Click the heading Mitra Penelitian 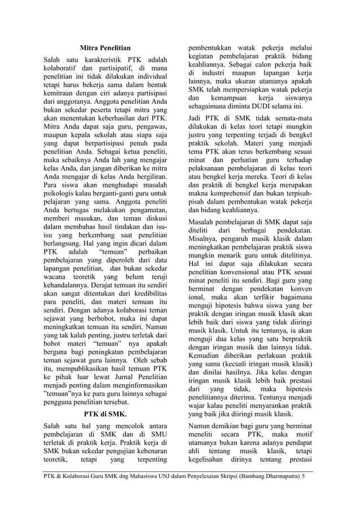pyautogui.click(x=105, y=48)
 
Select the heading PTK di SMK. pyautogui.click(x=105, y=414)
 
